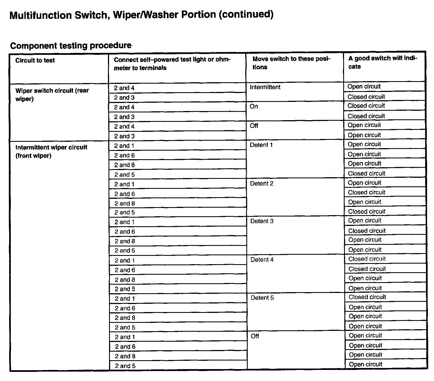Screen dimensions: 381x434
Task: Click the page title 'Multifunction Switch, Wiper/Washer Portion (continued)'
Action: (141, 14)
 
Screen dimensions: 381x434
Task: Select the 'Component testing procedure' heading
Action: (71, 45)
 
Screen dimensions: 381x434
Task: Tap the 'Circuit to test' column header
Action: (35, 60)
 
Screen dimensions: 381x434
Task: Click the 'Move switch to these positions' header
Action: (291, 63)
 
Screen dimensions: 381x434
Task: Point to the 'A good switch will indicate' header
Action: (383, 62)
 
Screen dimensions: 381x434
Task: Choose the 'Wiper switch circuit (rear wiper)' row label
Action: (52, 95)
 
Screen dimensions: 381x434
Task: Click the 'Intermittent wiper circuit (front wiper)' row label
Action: (51, 151)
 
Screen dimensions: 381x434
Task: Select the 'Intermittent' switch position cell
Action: (265, 87)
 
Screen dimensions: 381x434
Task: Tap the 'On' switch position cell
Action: (254, 107)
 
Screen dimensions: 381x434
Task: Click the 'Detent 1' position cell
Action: (261, 145)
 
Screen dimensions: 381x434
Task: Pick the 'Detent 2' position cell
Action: (262, 184)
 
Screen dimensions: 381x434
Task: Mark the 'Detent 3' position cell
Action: (262, 221)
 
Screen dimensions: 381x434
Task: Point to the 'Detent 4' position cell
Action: (262, 260)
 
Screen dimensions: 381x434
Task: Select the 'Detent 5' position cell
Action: (262, 298)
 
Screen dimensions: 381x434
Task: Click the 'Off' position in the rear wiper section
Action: (254, 126)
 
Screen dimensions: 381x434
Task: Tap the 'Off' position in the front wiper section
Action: (255, 336)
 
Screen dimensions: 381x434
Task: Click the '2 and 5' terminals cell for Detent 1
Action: (125, 175)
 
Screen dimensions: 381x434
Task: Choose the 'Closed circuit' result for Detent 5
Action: (367, 297)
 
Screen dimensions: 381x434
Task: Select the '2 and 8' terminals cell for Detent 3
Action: (125, 241)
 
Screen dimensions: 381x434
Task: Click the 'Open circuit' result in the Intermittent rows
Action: (364, 86)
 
